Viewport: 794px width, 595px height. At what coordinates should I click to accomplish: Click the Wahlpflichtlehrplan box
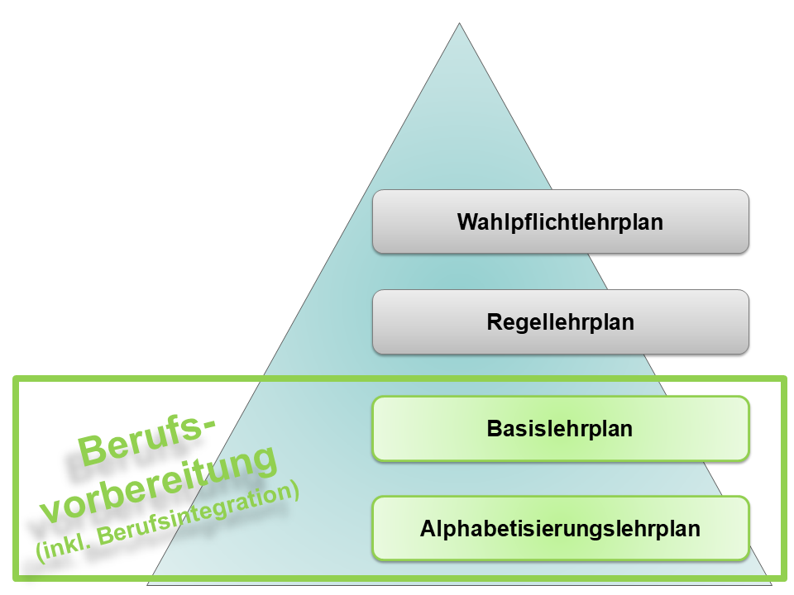point(560,221)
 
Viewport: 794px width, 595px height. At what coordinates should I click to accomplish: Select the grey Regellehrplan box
point(560,321)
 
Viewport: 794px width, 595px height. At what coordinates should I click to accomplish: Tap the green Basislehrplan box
point(560,429)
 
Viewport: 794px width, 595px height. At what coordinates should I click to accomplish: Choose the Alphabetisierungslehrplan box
point(560,528)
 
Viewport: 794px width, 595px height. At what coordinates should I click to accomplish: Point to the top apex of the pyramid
point(459,23)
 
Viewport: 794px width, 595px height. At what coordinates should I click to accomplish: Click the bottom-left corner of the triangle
point(147,585)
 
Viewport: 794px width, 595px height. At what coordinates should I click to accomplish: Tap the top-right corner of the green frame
point(782,379)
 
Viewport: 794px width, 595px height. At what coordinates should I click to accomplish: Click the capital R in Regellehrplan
point(494,322)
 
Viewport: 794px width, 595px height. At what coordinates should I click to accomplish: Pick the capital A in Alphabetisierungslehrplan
point(428,529)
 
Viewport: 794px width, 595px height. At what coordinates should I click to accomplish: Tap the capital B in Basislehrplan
point(494,430)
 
